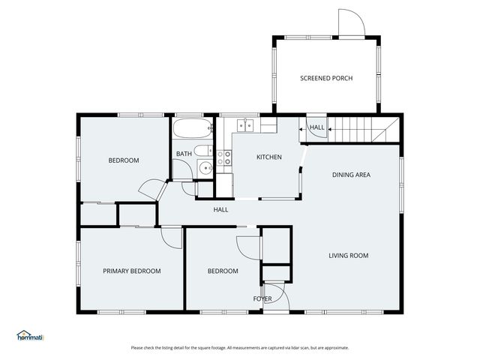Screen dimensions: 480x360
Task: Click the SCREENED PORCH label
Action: pyautogui.click(x=326, y=78)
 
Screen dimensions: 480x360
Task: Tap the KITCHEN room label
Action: pyautogui.click(x=268, y=157)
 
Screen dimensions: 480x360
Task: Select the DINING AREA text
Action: pyautogui.click(x=351, y=175)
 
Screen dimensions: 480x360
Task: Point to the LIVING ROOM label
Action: pyautogui.click(x=348, y=256)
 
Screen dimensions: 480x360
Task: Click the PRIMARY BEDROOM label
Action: pyautogui.click(x=132, y=271)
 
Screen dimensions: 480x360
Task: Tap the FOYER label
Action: pyautogui.click(x=262, y=298)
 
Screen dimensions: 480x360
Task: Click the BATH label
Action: pyautogui.click(x=184, y=154)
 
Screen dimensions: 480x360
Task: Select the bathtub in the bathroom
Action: pyautogui.click(x=193, y=128)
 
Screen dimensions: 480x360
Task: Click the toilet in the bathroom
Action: pyautogui.click(x=203, y=150)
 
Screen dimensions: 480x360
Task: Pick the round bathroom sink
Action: pyautogui.click(x=205, y=168)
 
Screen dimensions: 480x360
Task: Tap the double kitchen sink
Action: pyautogui.click(x=245, y=125)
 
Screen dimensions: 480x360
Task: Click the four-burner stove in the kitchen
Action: pyautogui.click(x=223, y=157)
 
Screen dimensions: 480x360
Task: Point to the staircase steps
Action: pyautogui.click(x=364, y=130)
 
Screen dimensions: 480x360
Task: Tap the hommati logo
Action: pyautogui.click(x=30, y=335)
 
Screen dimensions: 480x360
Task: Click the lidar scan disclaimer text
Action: pyautogui.click(x=240, y=348)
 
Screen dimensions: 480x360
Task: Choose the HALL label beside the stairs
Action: pyautogui.click(x=316, y=127)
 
